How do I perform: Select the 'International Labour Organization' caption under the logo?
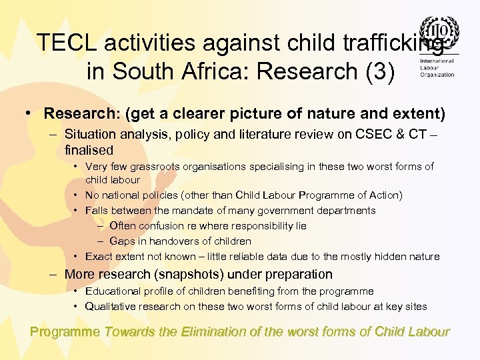pos(437,68)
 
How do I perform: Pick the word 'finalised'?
pos(89,151)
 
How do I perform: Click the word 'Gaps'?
pos(122,241)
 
